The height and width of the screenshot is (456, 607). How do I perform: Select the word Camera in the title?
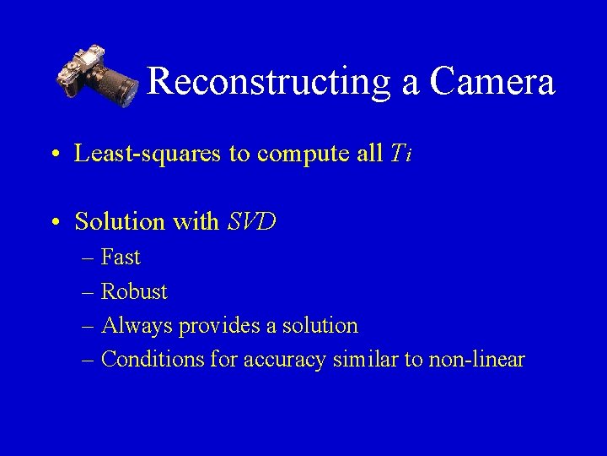[x=492, y=82]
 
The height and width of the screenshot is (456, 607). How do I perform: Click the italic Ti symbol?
[x=400, y=154]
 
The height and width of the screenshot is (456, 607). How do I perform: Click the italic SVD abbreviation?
[x=252, y=222]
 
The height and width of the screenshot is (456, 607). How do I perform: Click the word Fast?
[x=121, y=257]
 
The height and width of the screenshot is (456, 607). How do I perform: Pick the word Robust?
[x=134, y=291]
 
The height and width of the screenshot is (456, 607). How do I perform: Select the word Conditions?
[x=153, y=360]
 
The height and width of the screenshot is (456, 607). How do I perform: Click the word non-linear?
[x=476, y=360]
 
